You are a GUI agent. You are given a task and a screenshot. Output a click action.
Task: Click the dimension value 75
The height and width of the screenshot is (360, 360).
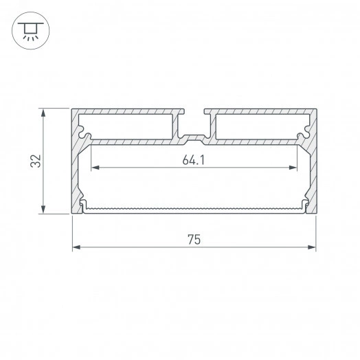tap(194, 239)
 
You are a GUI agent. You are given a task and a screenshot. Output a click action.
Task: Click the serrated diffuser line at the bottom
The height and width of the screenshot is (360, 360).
tap(194, 207)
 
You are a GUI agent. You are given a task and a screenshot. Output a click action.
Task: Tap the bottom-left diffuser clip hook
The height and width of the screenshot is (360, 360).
tap(83, 206)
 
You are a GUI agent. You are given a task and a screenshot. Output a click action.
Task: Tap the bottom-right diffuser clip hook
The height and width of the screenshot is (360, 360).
tap(305, 206)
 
